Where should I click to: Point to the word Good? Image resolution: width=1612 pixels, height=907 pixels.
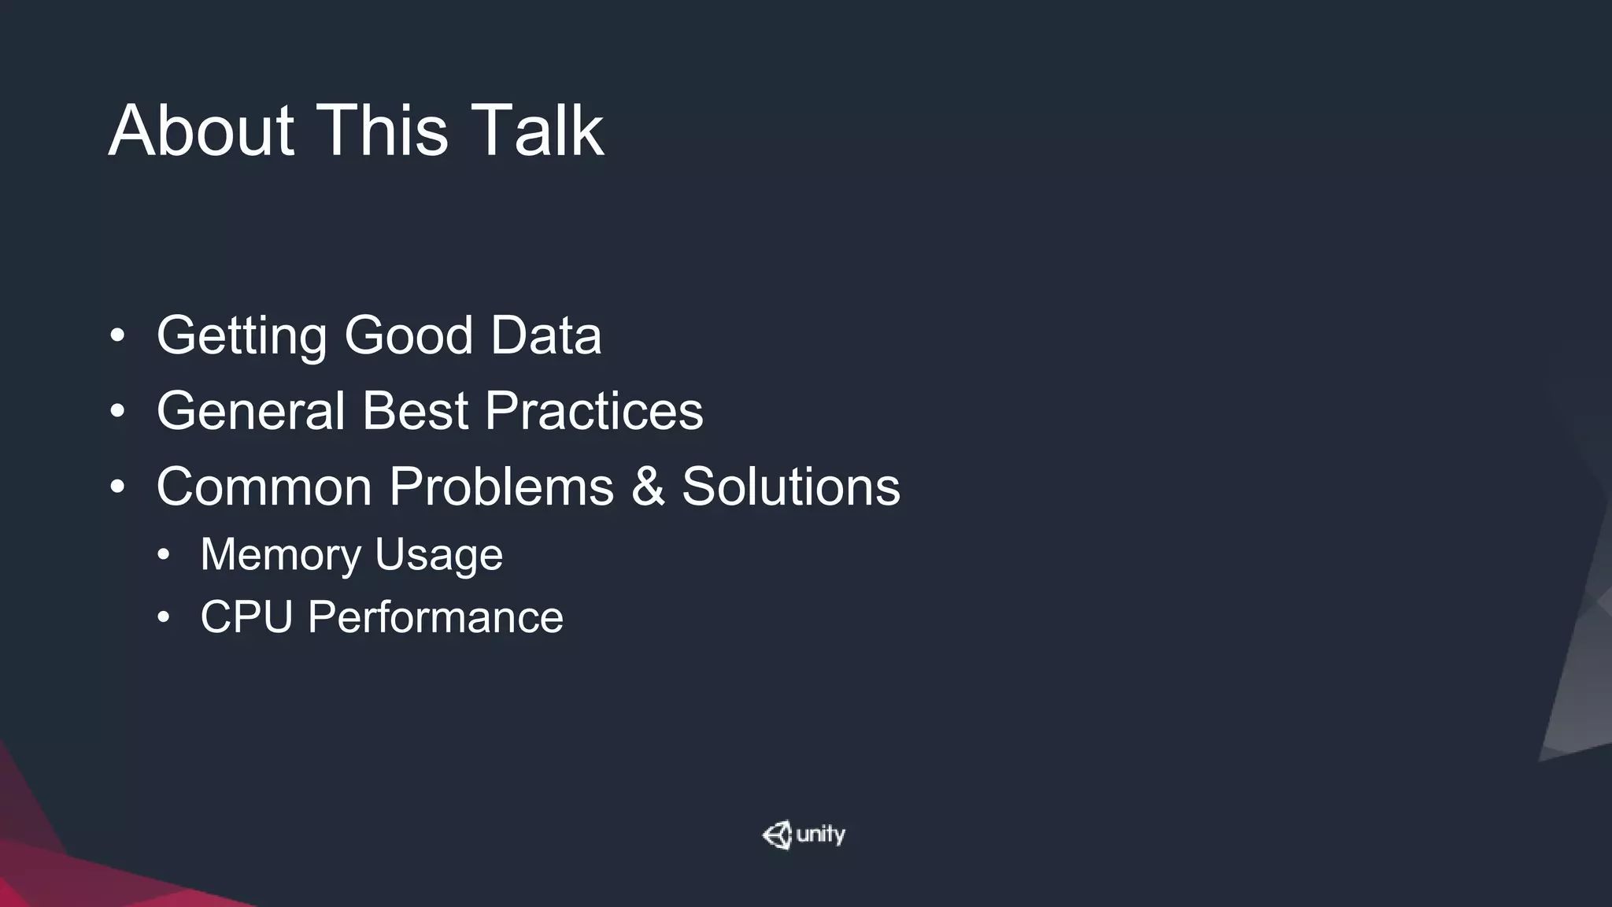(409, 335)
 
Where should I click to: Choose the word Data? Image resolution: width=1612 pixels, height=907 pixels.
(545, 335)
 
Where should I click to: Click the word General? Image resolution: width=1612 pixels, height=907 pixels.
(251, 411)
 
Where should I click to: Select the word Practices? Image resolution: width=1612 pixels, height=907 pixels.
(593, 411)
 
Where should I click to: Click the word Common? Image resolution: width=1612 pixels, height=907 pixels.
(264, 487)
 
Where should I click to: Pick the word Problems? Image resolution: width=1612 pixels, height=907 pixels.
(501, 487)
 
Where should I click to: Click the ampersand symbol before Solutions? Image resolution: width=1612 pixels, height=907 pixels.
(648, 487)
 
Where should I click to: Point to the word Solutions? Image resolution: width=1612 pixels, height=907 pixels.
(790, 487)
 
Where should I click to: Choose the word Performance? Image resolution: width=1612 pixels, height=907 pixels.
(435, 616)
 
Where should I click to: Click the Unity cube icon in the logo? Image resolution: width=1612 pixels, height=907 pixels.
(778, 835)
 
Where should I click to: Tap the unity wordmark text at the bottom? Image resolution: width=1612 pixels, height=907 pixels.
(820, 835)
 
